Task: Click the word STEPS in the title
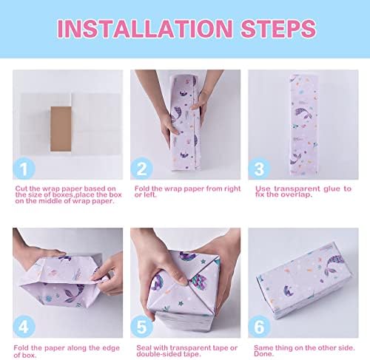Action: [x=275, y=30]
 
